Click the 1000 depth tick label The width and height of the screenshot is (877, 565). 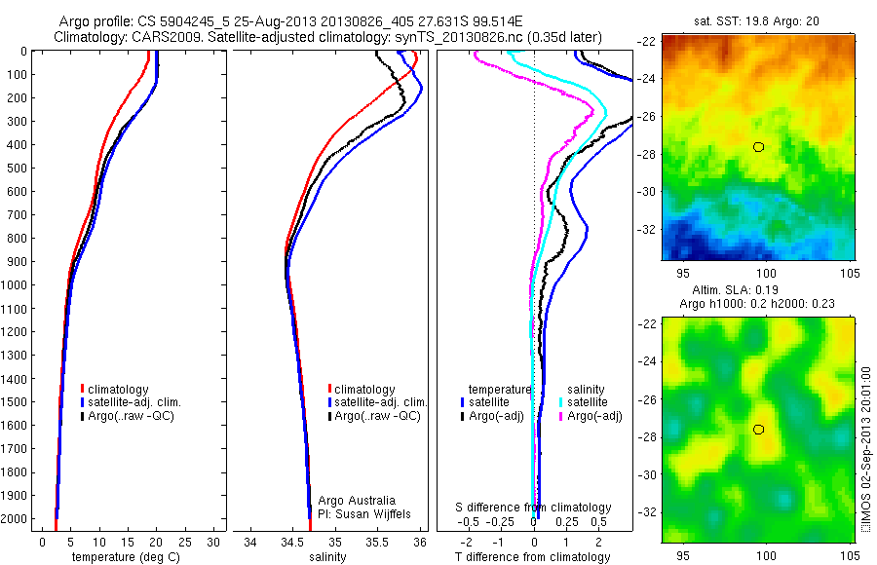15,284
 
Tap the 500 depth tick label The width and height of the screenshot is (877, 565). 18,168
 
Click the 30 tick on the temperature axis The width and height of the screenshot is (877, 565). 214,542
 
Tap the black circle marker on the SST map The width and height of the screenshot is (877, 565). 758,146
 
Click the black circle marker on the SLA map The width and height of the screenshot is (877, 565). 758,429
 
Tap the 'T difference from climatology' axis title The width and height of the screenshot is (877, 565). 533,557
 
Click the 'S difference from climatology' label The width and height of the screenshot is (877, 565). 534,508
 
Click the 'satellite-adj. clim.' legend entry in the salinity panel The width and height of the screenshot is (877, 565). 379,402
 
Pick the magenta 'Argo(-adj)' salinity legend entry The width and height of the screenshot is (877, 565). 594,416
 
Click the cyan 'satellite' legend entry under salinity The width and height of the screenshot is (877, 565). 587,401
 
